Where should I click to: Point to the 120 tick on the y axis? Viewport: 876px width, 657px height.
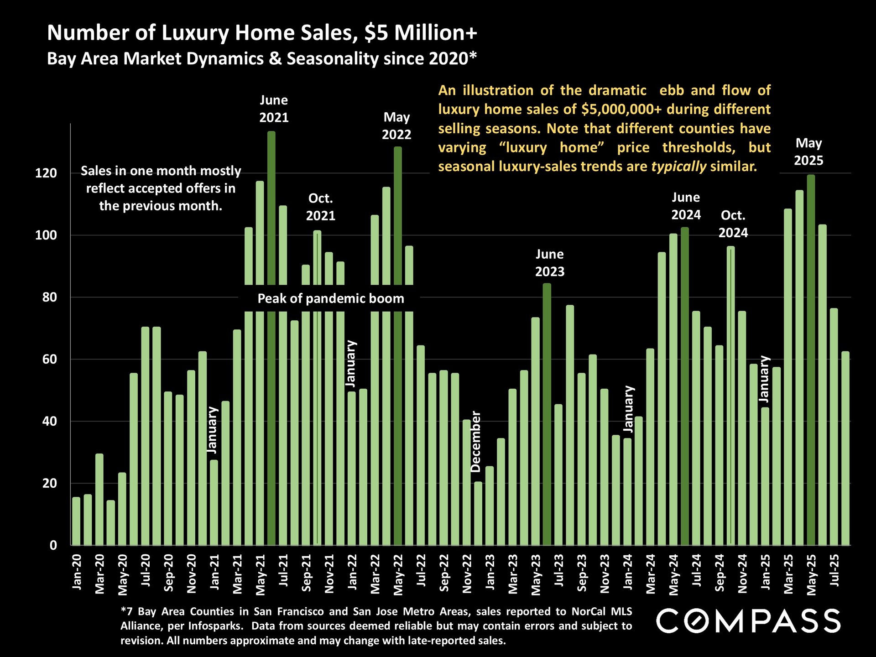46,173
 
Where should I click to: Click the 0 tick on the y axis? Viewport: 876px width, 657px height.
53,545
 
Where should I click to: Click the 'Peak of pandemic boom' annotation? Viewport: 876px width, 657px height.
331,298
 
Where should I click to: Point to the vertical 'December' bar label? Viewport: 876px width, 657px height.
476,441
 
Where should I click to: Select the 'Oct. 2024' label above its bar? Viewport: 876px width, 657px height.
733,224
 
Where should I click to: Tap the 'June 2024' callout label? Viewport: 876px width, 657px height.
686,206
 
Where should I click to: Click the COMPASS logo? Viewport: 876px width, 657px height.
748,621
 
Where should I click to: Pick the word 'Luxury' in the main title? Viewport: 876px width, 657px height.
195,33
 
